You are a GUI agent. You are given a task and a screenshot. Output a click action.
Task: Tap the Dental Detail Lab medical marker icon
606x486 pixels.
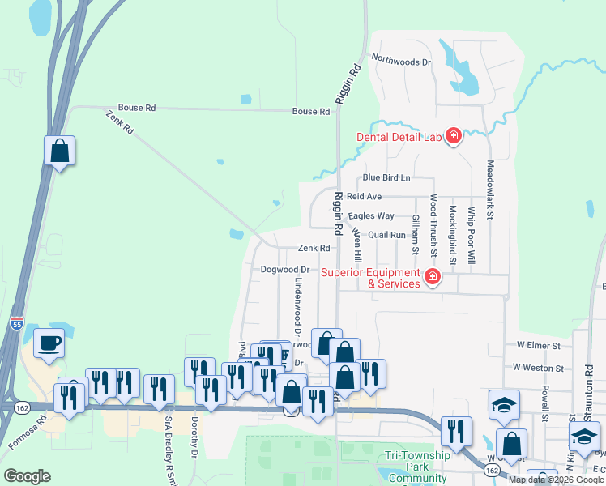(x=453, y=135)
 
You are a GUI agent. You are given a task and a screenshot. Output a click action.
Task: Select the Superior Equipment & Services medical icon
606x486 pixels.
(x=433, y=278)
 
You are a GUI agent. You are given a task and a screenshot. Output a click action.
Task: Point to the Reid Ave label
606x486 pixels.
(x=364, y=197)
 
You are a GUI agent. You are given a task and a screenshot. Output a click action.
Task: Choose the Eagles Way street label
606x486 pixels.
(x=371, y=216)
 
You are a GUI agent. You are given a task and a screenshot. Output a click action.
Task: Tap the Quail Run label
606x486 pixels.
(x=386, y=235)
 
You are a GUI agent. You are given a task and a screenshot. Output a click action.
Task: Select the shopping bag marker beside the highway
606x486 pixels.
(x=59, y=151)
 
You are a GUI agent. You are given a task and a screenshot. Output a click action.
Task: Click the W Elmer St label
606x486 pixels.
(x=539, y=345)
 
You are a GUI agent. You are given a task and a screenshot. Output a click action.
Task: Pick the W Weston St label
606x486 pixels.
(x=538, y=368)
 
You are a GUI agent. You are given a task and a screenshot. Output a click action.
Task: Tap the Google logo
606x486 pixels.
(x=27, y=475)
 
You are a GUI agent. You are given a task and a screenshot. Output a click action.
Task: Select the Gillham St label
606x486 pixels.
(x=415, y=234)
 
